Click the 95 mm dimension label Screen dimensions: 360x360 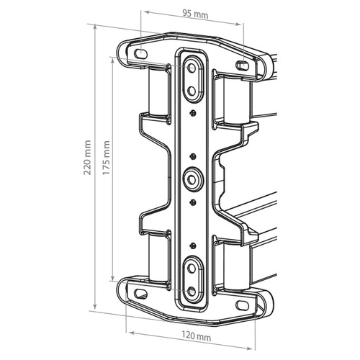(x=195, y=14)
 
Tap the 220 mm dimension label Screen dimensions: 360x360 (x=87, y=158)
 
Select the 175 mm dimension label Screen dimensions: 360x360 (x=106, y=158)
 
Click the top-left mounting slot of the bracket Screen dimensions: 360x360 (x=140, y=54)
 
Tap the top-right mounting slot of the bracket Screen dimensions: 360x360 (x=242, y=66)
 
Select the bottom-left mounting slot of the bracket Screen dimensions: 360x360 (x=140, y=294)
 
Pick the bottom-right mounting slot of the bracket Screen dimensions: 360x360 (x=242, y=305)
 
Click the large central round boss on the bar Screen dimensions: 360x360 (x=193, y=179)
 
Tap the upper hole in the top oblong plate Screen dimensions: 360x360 (x=192, y=68)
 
